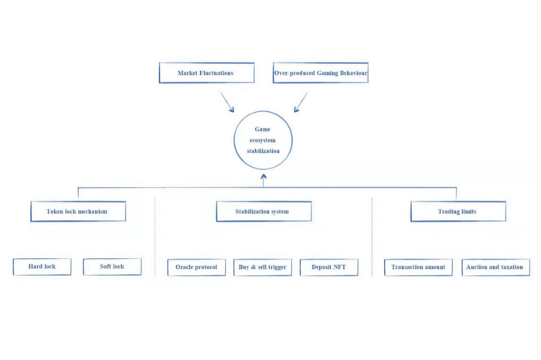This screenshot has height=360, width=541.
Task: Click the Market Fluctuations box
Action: [206, 73]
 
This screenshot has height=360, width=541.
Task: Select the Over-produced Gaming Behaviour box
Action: [321, 73]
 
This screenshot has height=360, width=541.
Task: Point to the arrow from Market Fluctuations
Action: [227, 102]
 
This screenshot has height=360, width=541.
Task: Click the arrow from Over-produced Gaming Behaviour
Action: [301, 102]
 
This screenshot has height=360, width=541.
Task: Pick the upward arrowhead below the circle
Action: [264, 177]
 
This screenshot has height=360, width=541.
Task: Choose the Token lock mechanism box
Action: [78, 212]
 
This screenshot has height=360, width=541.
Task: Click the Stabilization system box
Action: [264, 212]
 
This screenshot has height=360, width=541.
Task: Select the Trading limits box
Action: [458, 212]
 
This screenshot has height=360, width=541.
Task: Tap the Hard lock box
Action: [42, 267]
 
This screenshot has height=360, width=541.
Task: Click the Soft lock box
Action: [112, 267]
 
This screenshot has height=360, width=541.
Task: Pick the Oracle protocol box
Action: [196, 267]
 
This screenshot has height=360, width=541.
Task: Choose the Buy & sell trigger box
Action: [263, 267]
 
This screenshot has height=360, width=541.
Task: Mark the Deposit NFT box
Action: [328, 267]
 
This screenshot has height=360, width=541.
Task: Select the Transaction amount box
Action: [418, 267]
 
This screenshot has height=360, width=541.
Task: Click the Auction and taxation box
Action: [496, 267]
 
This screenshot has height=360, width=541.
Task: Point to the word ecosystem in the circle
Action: [263, 141]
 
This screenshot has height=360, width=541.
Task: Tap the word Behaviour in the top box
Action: [354, 73]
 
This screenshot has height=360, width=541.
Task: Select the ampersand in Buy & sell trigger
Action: [253, 267]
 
